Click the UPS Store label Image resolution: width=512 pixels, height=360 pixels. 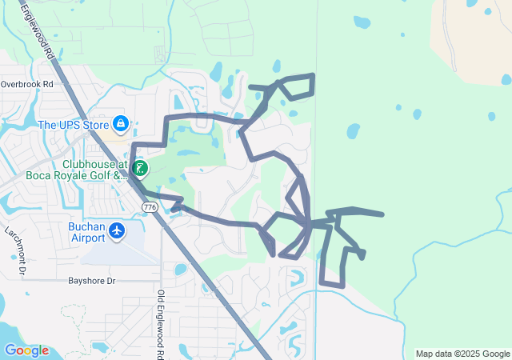click(x=74, y=124)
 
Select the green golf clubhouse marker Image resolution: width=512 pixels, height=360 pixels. click(x=140, y=168)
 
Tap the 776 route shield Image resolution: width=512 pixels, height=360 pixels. click(x=149, y=207)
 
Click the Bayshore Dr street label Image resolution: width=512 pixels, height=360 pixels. click(x=92, y=282)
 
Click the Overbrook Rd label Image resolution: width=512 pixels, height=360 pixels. click(x=26, y=83)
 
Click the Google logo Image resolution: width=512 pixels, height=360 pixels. click(x=26, y=350)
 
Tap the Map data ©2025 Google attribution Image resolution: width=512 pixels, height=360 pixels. click(x=462, y=354)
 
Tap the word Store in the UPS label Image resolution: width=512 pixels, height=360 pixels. click(x=93, y=124)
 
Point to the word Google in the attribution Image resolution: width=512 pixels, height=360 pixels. click(x=494, y=354)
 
